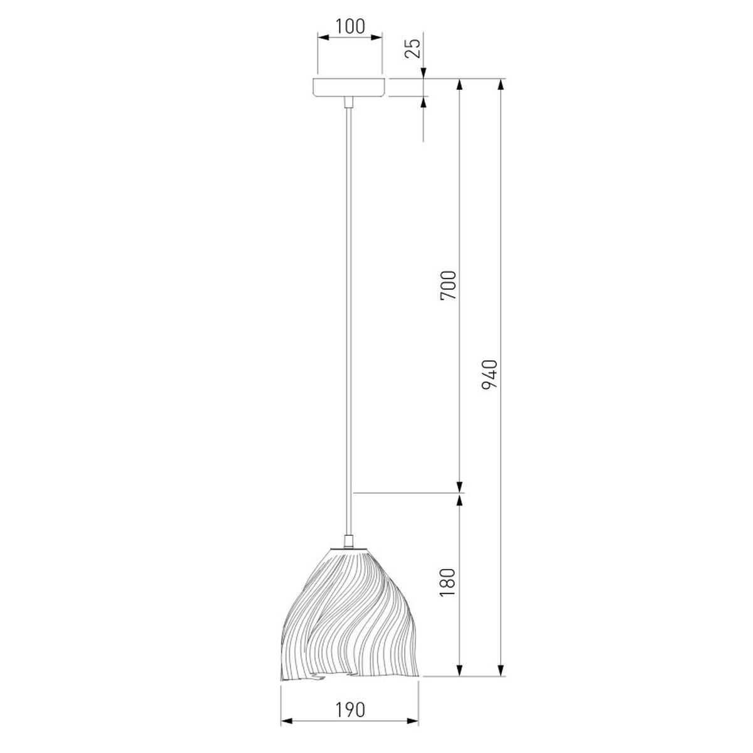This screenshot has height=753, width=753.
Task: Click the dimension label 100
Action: tap(350, 26)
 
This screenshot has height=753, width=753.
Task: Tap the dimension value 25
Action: tap(413, 48)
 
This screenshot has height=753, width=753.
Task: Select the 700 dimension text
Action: tap(448, 285)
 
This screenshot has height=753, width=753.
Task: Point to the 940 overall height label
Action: tap(489, 375)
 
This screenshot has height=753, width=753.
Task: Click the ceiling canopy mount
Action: tap(349, 87)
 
